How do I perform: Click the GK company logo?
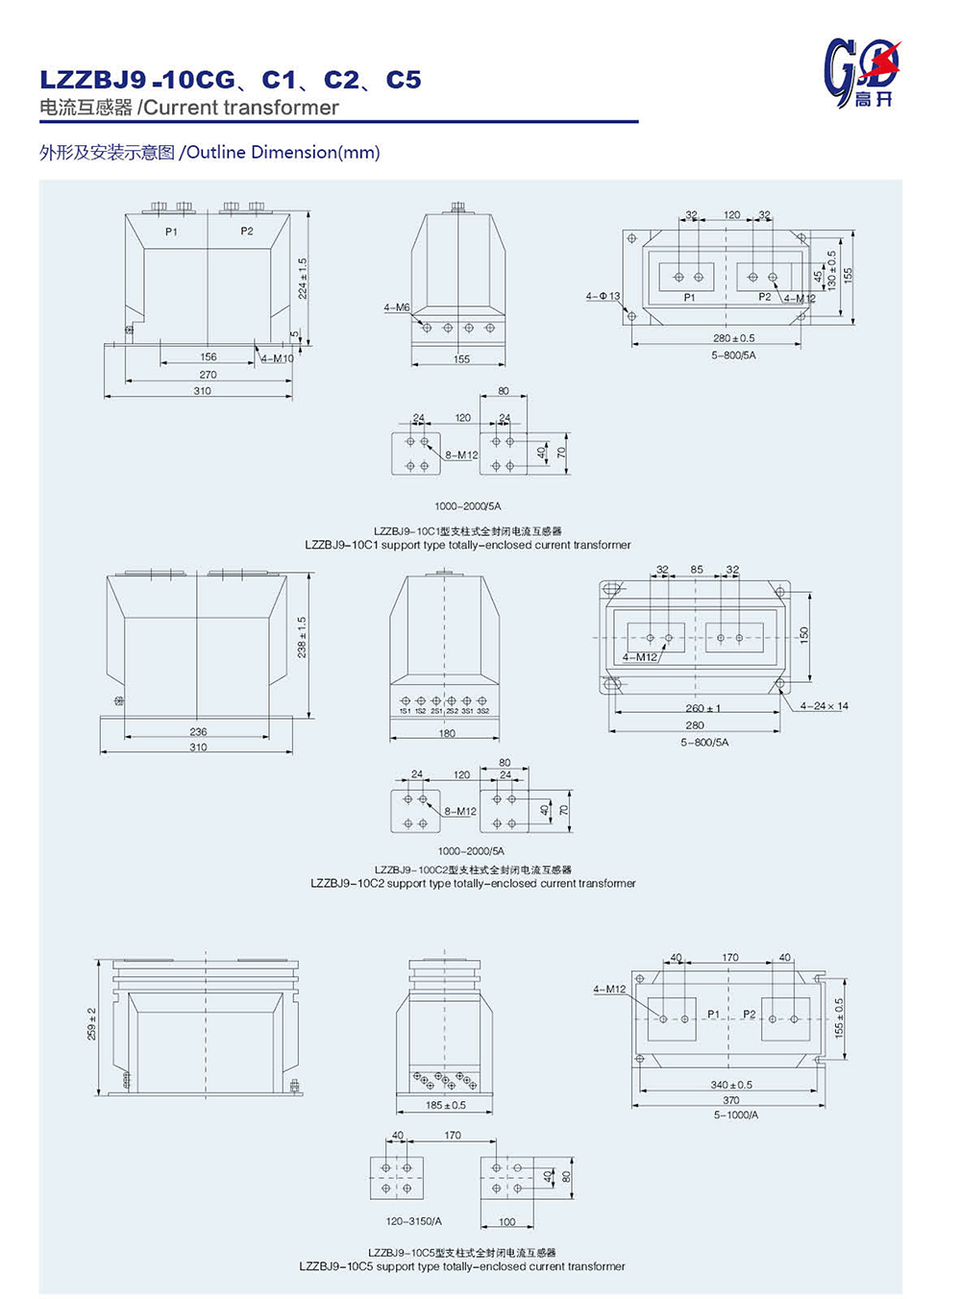point(861,72)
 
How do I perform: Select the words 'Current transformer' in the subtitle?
point(240,108)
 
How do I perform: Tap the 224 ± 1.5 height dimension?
point(303,278)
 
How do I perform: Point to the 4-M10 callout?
point(277,358)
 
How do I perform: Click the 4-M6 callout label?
point(397,307)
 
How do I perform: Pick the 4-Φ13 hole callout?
point(604,296)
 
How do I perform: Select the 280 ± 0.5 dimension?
point(733,338)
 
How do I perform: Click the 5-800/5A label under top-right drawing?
point(733,355)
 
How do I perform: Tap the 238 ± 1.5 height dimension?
point(303,637)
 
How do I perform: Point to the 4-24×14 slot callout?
point(825,706)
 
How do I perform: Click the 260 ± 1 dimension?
point(702,709)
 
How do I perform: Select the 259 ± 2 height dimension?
point(92,1023)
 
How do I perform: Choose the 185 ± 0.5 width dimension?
point(446,1105)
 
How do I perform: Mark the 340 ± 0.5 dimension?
point(731,1085)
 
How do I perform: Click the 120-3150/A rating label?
point(414,1221)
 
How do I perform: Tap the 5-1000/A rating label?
point(736,1115)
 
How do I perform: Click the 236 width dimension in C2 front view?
point(198,732)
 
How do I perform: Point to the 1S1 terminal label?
point(406,712)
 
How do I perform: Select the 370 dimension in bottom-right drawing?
point(731,1101)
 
